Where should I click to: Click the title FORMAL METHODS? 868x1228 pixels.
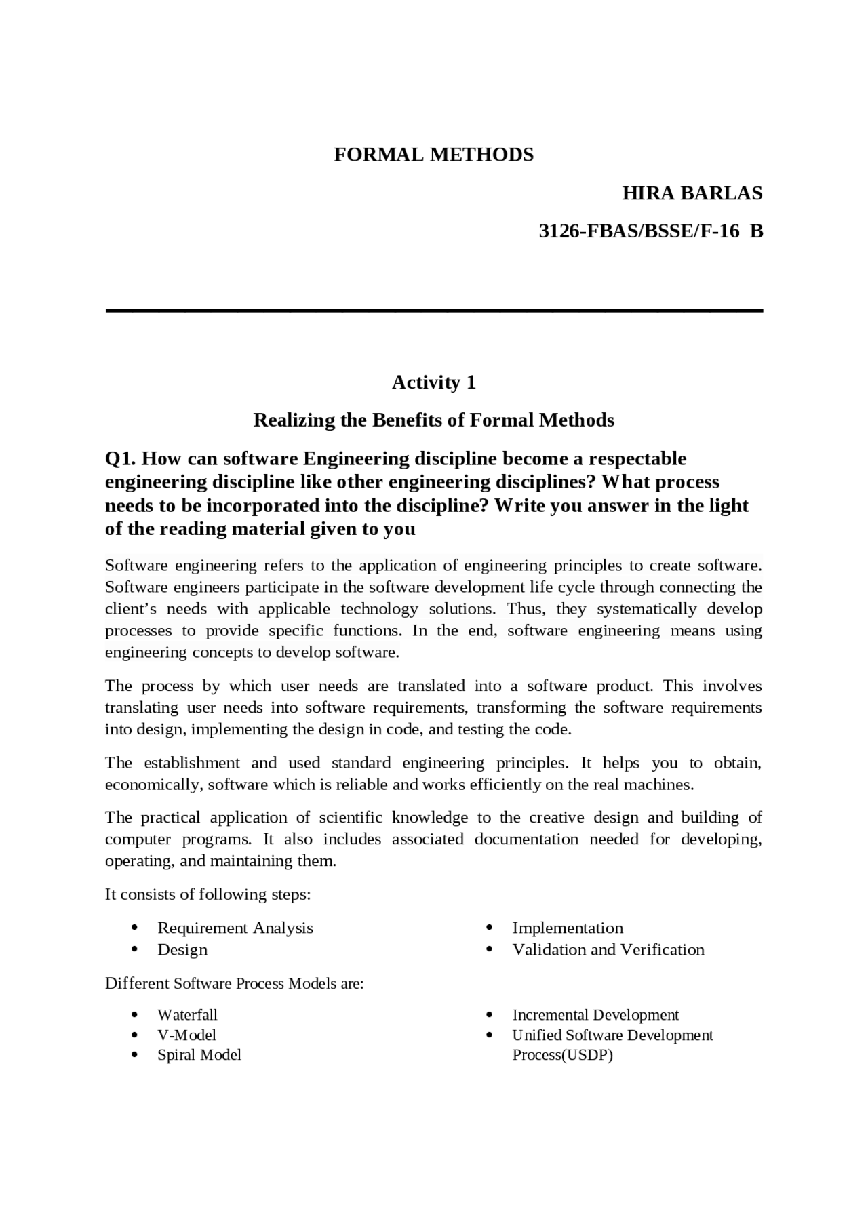click(433, 155)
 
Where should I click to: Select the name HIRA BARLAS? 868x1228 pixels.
click(692, 194)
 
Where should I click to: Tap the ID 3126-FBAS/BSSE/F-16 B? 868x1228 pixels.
click(650, 232)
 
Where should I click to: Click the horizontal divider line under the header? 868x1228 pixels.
click(434, 311)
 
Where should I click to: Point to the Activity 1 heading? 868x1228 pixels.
click(433, 383)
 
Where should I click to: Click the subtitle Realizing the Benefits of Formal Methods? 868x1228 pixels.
click(433, 420)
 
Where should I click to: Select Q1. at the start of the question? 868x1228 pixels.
click(121, 459)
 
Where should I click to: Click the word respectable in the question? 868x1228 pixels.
click(637, 459)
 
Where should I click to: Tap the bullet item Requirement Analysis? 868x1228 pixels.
click(235, 928)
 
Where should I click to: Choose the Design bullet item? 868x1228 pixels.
click(182, 949)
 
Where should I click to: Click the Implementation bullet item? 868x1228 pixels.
click(567, 928)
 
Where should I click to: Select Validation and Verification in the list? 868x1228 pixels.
click(608, 949)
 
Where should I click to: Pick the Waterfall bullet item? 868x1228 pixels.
click(187, 1015)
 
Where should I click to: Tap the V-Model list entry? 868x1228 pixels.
click(186, 1035)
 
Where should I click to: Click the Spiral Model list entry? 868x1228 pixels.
click(199, 1055)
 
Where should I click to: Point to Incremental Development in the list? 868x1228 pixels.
click(595, 1015)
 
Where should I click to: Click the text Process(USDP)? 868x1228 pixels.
click(562, 1055)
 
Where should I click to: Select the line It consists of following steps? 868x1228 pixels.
click(208, 894)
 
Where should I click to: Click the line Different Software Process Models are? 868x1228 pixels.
click(234, 983)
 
